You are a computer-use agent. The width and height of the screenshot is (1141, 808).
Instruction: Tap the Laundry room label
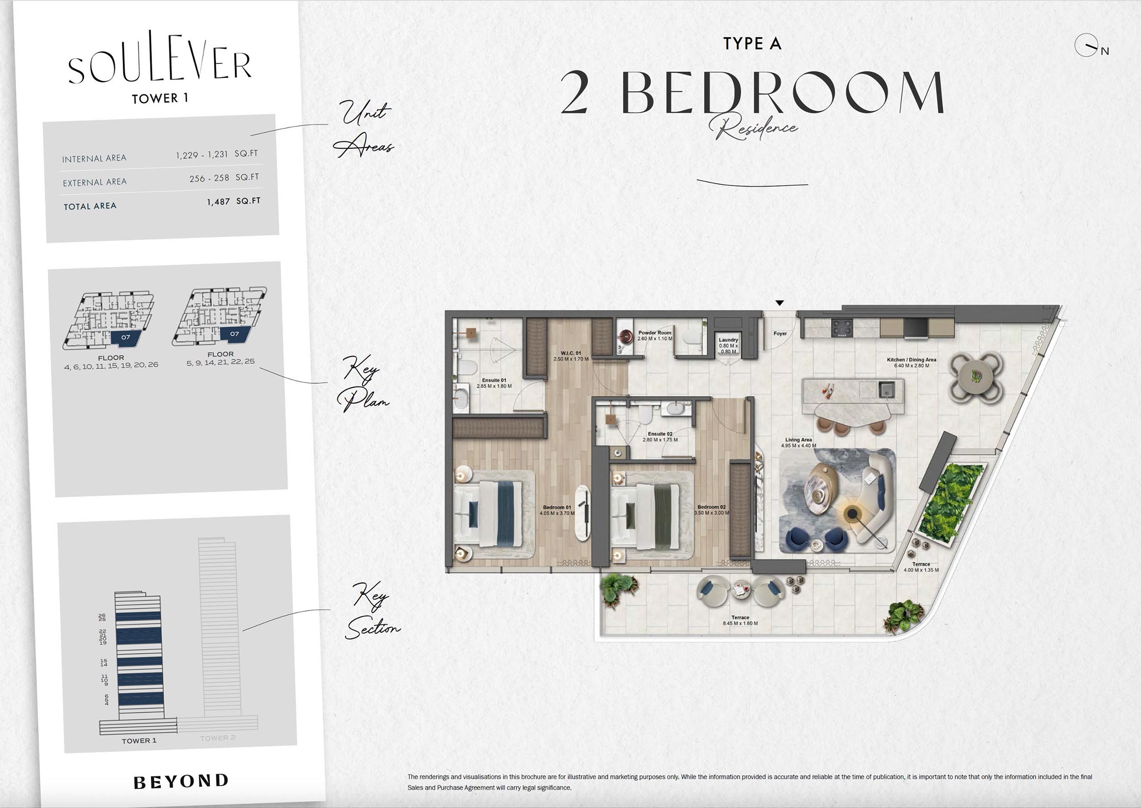click(728, 340)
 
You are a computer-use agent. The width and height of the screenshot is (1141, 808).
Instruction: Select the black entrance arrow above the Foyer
click(780, 303)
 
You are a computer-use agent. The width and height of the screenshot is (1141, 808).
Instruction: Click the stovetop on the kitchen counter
click(842, 328)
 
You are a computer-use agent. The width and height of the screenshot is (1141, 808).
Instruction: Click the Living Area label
click(798, 440)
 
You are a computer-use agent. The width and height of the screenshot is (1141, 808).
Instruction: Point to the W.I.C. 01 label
click(571, 353)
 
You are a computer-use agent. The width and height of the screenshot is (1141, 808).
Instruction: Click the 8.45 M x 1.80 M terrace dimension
click(740, 623)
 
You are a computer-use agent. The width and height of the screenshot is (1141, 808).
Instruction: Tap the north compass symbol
click(1087, 46)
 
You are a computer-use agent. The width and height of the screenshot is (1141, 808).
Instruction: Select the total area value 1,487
click(219, 202)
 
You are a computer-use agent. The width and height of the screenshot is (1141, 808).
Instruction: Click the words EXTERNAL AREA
click(94, 182)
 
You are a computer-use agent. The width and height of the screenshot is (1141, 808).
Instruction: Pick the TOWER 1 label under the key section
click(139, 741)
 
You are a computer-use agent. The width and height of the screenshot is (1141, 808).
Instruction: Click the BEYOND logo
click(181, 781)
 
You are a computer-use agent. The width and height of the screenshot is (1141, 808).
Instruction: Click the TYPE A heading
click(752, 44)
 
